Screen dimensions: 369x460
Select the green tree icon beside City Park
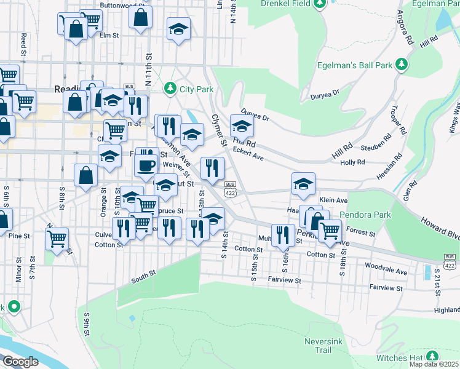tap(171, 89)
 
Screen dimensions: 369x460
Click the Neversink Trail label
tap(318, 346)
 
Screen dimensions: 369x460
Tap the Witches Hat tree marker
tap(433, 356)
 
